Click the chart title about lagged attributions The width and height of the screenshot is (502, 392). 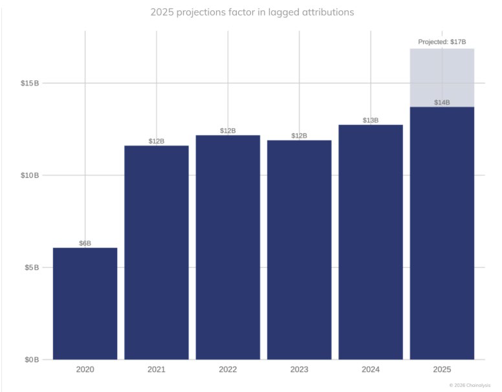(252, 12)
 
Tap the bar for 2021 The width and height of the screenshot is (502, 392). (157, 252)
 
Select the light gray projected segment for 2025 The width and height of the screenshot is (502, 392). (442, 78)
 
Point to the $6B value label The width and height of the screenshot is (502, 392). (85, 243)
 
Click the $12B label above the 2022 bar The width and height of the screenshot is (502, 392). (228, 131)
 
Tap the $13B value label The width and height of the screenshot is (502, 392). (371, 120)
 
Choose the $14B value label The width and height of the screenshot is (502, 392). (442, 102)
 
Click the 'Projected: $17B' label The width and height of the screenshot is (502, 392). (442, 42)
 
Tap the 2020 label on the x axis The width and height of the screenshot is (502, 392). (85, 370)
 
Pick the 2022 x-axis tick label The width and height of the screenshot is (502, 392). (228, 370)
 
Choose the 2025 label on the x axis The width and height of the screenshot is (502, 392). (442, 370)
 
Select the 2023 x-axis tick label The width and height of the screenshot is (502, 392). (299, 370)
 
